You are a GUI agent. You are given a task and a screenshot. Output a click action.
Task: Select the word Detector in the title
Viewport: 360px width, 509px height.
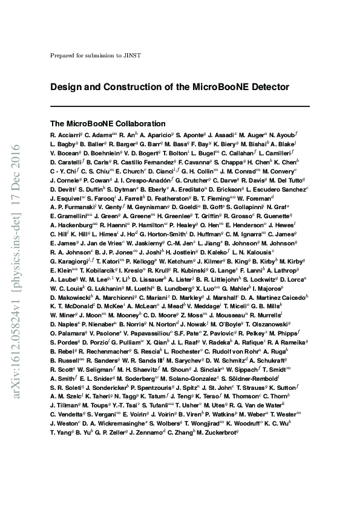click(266, 87)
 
